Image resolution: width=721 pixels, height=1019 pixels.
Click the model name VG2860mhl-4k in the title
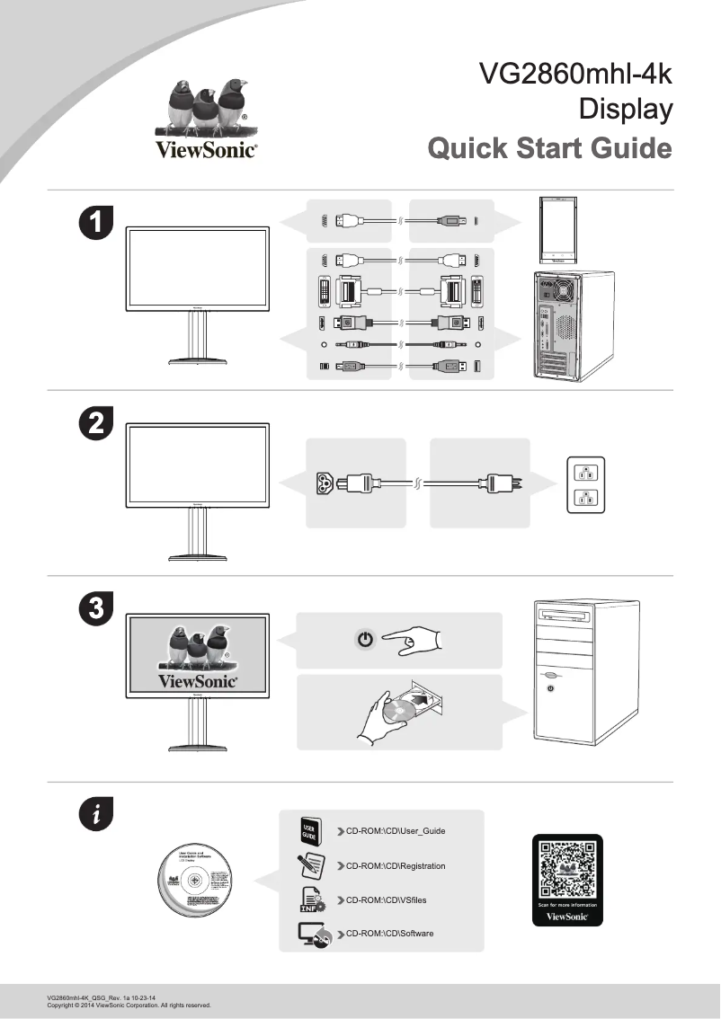(x=575, y=74)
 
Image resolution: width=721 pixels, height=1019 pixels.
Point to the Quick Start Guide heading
(x=549, y=147)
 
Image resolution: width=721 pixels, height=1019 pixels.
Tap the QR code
(x=567, y=869)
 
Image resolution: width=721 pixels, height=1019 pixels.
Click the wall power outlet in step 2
(x=585, y=485)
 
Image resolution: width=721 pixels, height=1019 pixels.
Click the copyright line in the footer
(x=129, y=1006)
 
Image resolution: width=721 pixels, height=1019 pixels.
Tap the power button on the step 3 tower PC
(x=550, y=688)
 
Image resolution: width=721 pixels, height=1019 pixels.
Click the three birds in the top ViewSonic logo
(x=208, y=106)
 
